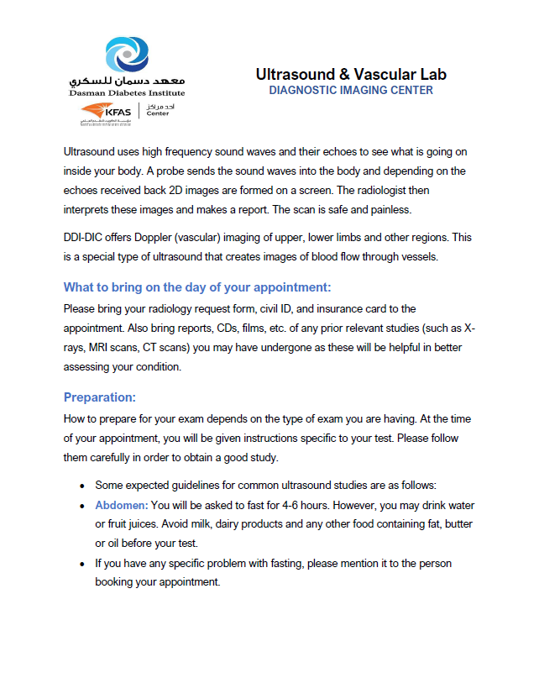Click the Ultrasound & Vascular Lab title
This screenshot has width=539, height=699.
coord(351,74)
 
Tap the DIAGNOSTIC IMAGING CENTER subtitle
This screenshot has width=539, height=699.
coord(351,90)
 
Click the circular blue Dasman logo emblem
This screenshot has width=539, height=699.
coord(128,55)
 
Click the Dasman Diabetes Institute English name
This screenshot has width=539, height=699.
coord(128,92)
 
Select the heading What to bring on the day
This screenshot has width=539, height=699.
coord(197,287)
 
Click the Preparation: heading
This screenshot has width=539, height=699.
coord(99,397)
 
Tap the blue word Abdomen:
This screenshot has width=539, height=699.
coord(122,505)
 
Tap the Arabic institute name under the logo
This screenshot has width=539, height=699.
coord(128,81)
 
